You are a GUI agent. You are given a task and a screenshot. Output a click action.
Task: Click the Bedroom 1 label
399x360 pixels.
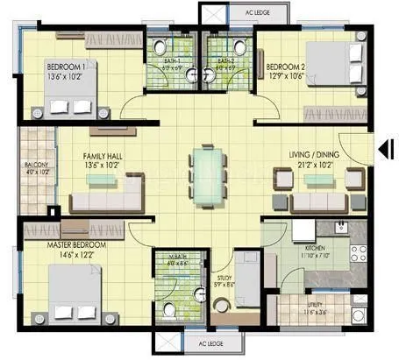pyautogui.click(x=66, y=67)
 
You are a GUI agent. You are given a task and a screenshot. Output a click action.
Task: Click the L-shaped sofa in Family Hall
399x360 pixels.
pyautogui.click(x=105, y=193)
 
